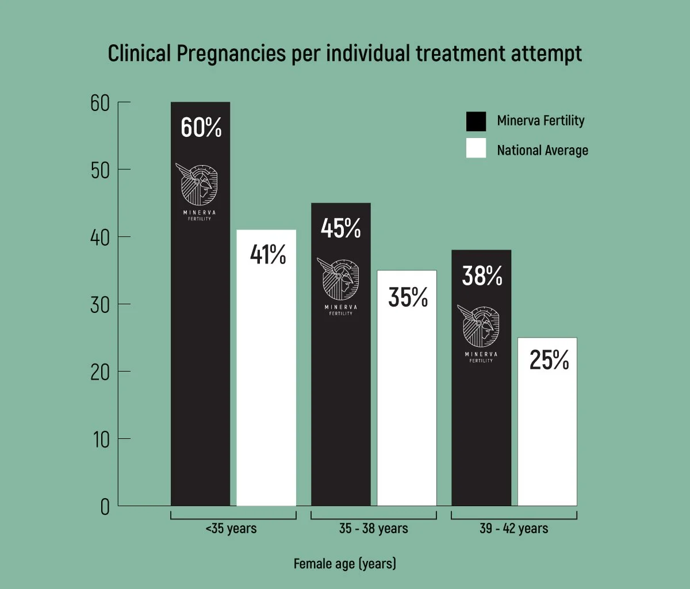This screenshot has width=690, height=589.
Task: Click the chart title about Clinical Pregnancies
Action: [x=345, y=53]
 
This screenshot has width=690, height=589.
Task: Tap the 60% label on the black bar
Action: [x=201, y=128]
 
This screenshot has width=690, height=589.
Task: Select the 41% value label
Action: [x=267, y=255]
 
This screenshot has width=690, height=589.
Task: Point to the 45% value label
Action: [x=340, y=228]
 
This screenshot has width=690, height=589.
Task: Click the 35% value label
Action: [x=408, y=297]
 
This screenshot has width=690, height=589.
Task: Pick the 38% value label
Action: [x=482, y=276]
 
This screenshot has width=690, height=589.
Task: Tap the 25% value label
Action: [x=549, y=360]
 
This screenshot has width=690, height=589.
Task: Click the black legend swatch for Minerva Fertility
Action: [x=476, y=121]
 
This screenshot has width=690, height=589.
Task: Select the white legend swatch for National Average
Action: [x=476, y=148]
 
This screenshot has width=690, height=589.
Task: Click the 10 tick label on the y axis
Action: [x=100, y=440]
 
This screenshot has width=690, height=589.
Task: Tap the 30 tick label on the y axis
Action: [x=100, y=305]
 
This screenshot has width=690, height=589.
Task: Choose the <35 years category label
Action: [x=231, y=528]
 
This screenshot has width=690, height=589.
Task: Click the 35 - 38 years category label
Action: [x=373, y=528]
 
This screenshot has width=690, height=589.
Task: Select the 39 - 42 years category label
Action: [x=513, y=528]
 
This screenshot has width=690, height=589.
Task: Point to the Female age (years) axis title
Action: [x=344, y=563]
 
